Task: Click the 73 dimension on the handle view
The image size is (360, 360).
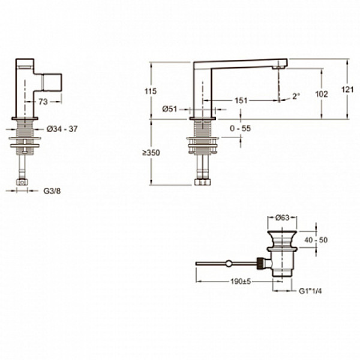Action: [43, 102]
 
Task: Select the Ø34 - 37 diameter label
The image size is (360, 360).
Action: [62, 129]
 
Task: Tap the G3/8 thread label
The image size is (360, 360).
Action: [52, 191]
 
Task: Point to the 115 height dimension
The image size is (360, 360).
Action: [151, 91]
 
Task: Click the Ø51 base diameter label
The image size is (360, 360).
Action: [170, 109]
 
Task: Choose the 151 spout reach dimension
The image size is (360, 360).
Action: [241, 100]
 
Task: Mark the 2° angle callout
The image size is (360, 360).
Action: [296, 96]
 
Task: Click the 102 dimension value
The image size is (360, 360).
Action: [322, 94]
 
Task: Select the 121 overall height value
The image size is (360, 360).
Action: [347, 90]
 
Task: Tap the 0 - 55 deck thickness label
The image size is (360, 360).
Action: [241, 128]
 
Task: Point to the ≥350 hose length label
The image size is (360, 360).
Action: [151, 152]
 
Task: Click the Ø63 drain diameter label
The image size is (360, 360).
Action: [283, 217]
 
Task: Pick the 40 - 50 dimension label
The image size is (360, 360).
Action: [316, 240]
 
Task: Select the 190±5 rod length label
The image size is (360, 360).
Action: [241, 281]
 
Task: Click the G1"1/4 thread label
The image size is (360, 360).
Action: [310, 291]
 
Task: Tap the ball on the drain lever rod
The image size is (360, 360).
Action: [229, 263]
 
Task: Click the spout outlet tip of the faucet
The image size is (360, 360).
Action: [279, 67]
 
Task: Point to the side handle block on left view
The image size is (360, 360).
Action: [52, 82]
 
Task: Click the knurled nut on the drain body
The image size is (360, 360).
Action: [260, 263]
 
